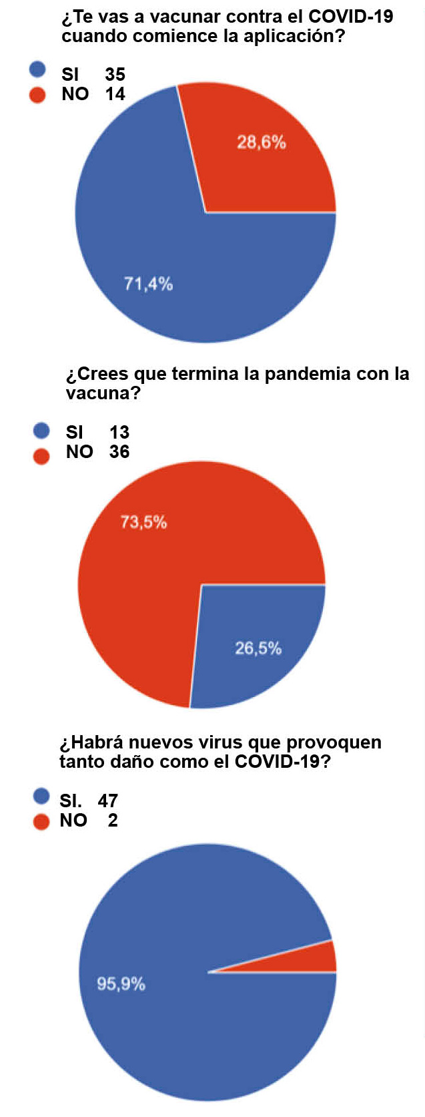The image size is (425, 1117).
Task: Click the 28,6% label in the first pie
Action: coord(262,142)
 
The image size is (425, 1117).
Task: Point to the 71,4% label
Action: coord(148,284)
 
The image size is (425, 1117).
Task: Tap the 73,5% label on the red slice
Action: coord(143,522)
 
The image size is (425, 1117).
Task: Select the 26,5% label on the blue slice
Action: coord(258,648)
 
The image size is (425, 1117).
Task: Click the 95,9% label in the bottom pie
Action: coord(121,983)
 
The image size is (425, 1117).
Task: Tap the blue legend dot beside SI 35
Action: coord(37,69)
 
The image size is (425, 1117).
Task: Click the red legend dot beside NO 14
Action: coord(37,95)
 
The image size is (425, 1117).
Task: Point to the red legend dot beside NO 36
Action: coord(41,456)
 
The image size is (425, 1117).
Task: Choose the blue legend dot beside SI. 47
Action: coord(41,796)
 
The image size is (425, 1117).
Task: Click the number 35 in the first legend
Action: coord(115,74)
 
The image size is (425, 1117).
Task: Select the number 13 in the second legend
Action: coord(119,432)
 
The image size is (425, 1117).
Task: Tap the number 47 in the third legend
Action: coord(107,801)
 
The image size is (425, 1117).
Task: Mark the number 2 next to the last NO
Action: coord(113,821)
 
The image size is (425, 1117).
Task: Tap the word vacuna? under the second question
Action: coord(103,393)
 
